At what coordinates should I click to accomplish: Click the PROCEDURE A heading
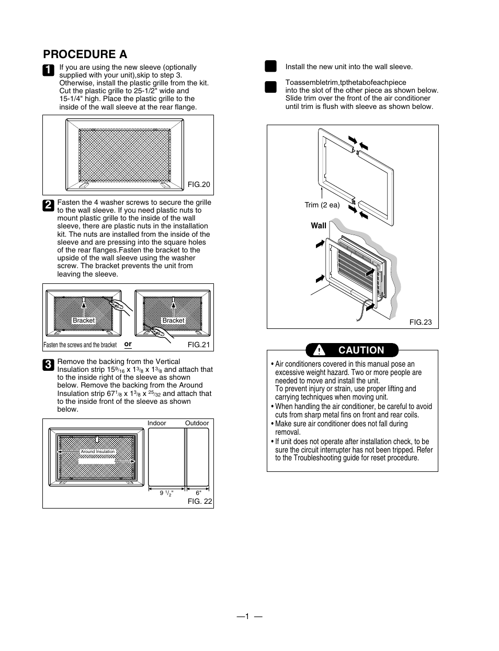click(85, 54)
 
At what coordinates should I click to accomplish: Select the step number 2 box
click(48, 205)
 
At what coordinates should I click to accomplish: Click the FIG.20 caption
click(199, 184)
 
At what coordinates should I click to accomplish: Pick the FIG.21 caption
click(199, 345)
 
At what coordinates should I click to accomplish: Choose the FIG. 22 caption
click(200, 501)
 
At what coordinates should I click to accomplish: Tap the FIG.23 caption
click(420, 322)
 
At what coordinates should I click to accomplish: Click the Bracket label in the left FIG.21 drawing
click(84, 321)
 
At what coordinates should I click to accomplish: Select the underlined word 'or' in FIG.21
click(128, 344)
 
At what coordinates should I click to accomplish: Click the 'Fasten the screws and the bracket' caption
click(80, 345)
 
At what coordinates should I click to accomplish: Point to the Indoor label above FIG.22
click(157, 423)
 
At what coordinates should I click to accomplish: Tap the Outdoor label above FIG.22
click(197, 423)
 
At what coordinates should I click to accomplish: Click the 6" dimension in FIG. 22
click(198, 493)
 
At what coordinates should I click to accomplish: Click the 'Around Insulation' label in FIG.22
click(97, 451)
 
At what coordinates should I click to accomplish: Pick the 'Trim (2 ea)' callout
click(322, 205)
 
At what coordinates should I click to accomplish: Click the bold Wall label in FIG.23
click(319, 226)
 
